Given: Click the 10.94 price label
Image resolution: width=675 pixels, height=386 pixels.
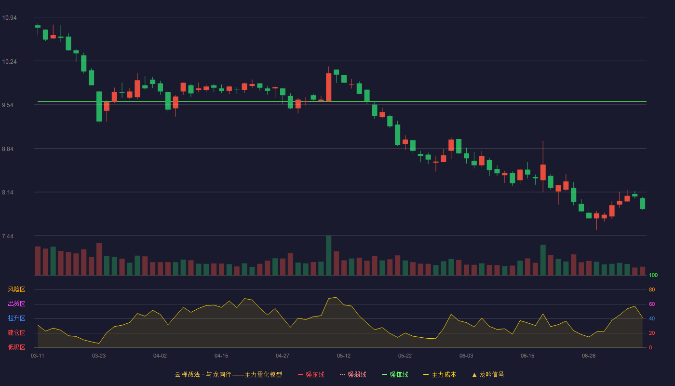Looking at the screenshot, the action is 9,18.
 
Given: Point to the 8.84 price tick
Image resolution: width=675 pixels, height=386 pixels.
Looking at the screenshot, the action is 8,149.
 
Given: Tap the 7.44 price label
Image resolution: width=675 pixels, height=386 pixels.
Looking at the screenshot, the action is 8,236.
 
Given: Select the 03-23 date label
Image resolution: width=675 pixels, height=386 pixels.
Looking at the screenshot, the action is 99,356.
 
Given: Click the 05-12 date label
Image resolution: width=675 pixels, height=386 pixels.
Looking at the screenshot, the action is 344,356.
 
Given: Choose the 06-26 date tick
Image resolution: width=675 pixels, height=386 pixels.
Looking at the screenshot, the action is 589,356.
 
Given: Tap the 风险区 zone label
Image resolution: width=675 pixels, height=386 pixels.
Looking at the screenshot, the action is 16,289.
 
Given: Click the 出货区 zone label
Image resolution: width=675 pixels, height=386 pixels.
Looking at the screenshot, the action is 16,303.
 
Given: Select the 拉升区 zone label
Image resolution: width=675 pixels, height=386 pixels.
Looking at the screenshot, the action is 16,318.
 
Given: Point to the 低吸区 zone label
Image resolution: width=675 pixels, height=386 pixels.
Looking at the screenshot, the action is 16,347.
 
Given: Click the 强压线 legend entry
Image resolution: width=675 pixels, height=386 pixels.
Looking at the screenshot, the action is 311,374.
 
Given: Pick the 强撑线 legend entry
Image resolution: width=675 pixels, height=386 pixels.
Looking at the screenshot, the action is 395,374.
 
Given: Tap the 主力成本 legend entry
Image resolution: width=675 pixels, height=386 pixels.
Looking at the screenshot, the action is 440,374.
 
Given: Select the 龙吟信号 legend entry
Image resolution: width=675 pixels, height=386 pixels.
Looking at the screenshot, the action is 488,374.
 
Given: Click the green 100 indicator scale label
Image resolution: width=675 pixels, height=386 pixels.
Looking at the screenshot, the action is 653,275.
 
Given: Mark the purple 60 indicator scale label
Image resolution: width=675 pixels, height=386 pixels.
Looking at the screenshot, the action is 652,304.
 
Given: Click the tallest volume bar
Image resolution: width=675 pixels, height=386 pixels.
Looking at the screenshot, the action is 328,255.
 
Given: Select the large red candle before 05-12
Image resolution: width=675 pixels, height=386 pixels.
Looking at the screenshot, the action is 328,87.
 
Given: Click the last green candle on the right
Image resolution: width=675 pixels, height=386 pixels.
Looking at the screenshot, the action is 642,204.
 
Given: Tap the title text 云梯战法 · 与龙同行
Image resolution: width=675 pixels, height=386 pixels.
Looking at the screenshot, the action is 203,374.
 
